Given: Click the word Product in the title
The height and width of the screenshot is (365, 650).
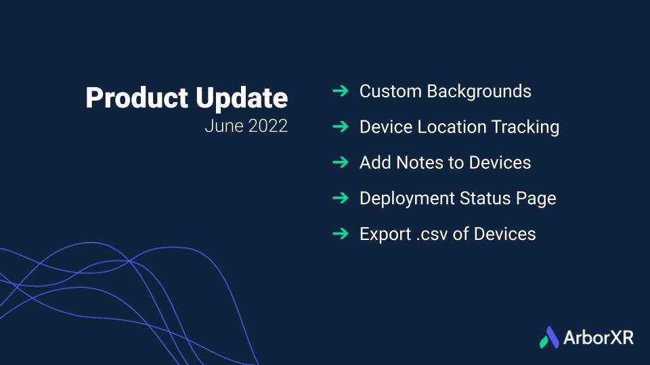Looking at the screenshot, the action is [137, 97].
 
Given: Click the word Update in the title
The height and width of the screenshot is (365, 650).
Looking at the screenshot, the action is [242, 99].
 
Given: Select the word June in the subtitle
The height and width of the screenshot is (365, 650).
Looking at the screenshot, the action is [224, 126].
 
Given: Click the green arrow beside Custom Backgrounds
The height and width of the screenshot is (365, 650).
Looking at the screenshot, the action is [341, 91].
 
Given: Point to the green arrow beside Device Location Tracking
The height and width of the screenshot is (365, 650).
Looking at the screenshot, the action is [341, 126].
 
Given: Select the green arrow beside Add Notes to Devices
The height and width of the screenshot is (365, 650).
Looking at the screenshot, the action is [341, 162].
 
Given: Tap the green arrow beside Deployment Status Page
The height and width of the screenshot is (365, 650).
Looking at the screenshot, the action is [341, 198].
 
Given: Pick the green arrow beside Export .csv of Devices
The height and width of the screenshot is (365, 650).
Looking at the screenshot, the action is [341, 233].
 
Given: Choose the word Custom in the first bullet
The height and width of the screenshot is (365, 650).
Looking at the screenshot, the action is [391, 91].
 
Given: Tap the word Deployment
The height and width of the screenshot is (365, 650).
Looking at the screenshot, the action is [407, 199].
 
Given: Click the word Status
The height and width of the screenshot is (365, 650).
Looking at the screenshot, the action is [485, 199].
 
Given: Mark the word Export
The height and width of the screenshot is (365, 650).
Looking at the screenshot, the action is [385, 235].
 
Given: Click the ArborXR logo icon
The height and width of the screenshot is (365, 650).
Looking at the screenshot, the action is [549, 337].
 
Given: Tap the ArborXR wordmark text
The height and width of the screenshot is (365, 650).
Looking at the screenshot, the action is [599, 338].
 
